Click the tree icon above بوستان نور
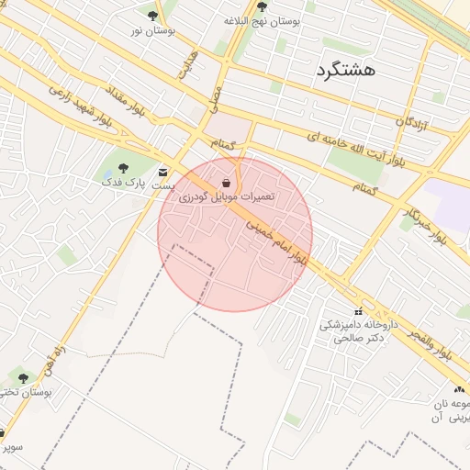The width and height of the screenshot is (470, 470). click(x=152, y=15)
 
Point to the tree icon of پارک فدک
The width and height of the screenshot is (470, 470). click(x=124, y=168)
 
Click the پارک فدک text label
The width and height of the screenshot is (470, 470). click(x=125, y=183)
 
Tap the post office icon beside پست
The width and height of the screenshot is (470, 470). click(x=163, y=172)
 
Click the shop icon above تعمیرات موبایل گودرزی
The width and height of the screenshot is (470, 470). click(x=226, y=181)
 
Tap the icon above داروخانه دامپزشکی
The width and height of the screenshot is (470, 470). click(x=360, y=311)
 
